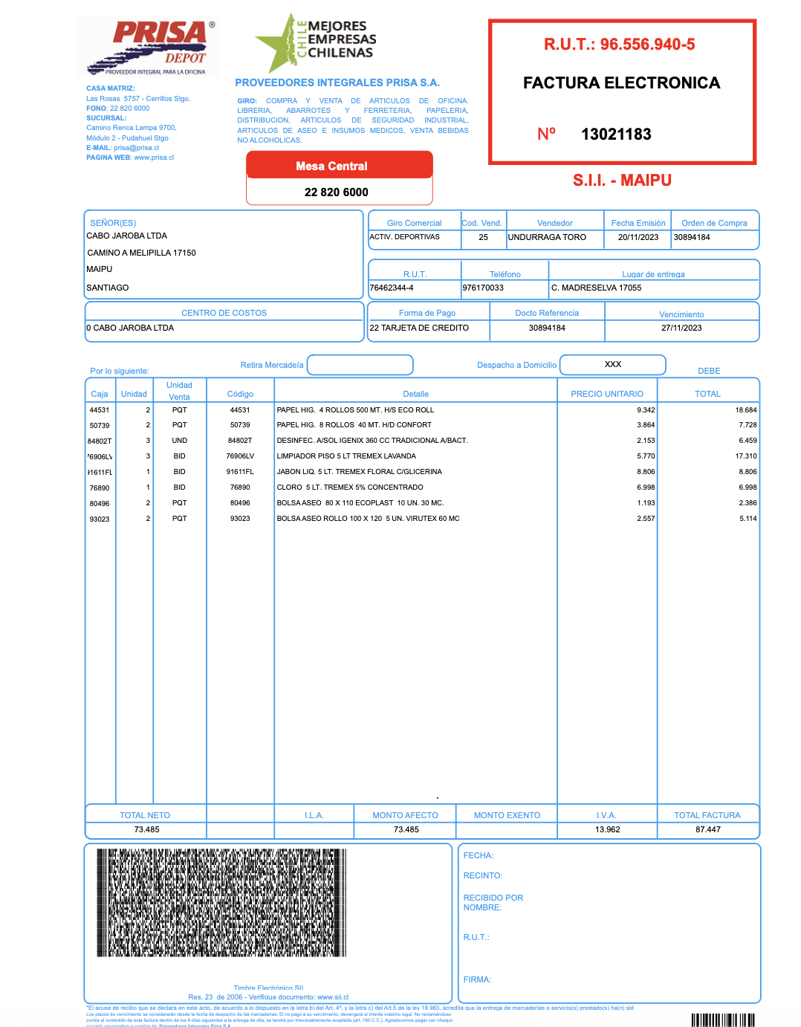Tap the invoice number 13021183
click(616, 135)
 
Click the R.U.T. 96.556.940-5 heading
click(619, 45)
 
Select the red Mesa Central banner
click(339, 166)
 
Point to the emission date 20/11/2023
click(638, 238)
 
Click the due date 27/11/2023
click(681, 328)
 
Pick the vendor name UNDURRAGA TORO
click(547, 238)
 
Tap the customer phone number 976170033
click(483, 288)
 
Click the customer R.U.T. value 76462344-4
click(392, 288)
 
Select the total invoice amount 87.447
click(707, 829)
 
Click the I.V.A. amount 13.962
click(607, 829)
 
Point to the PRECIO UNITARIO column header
click(606, 394)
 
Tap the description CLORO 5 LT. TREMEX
click(349, 487)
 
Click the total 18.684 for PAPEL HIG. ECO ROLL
click(745, 410)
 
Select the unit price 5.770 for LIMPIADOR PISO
click(646, 456)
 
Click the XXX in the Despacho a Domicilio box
click(612, 365)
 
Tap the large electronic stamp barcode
click(221, 902)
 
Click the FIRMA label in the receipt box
click(477, 979)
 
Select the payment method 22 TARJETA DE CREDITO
click(419, 328)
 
